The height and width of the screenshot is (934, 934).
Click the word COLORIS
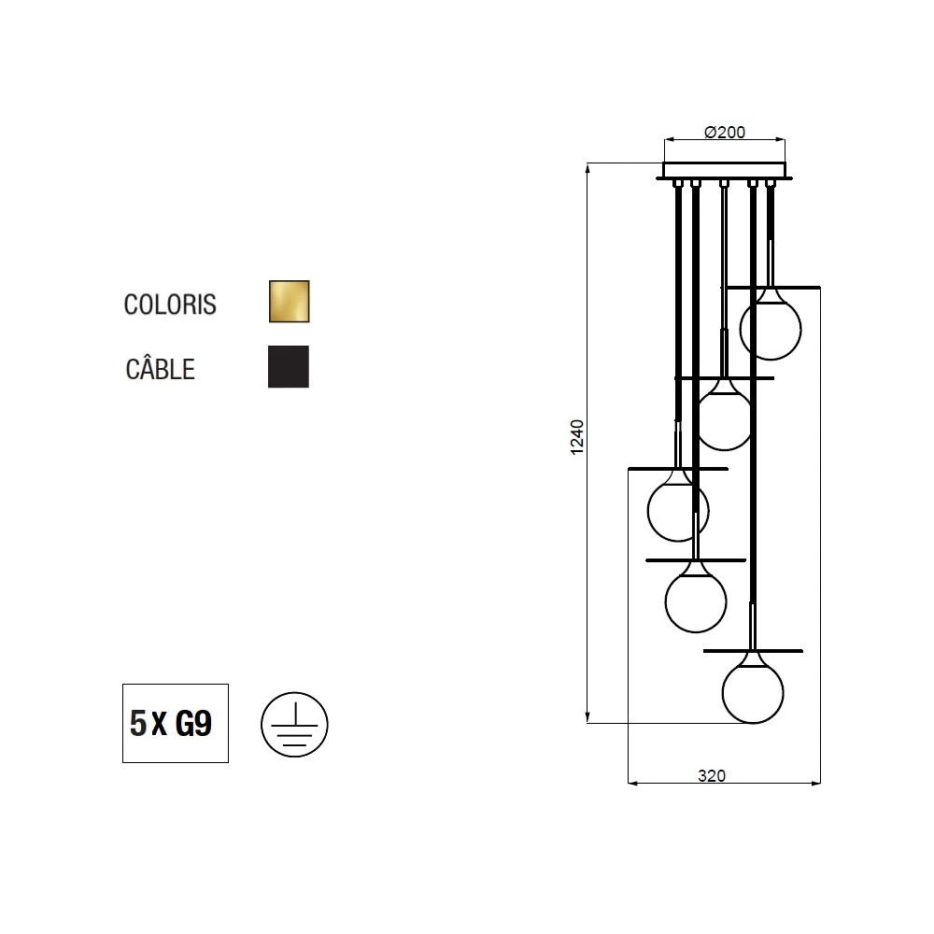[x=170, y=304]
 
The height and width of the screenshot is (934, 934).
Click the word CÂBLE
[x=161, y=369]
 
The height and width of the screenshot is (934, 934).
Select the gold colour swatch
[x=289, y=302]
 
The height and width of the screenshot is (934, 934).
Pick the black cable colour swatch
[x=289, y=366]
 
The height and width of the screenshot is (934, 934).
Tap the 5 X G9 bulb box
[x=176, y=723]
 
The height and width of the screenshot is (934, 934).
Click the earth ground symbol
[x=294, y=725]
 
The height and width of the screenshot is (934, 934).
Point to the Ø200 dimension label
[x=725, y=133]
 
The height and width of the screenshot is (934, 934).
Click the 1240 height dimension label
[x=577, y=437]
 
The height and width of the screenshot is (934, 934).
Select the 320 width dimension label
[x=712, y=775]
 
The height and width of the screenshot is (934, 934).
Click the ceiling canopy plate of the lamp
[x=725, y=170]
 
